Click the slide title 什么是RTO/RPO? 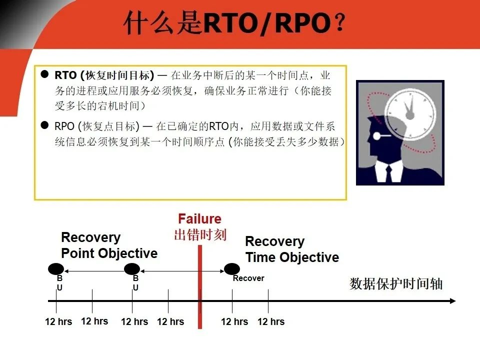click(x=234, y=23)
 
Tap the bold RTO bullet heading click(x=104, y=75)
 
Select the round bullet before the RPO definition click(x=44, y=125)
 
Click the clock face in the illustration click(x=410, y=114)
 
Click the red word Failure click(x=199, y=219)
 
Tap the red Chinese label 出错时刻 click(x=200, y=235)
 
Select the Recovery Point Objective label click(x=109, y=245)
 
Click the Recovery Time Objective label click(x=292, y=249)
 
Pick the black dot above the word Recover click(x=232, y=269)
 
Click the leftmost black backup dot click(x=56, y=269)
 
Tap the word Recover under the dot click(x=248, y=278)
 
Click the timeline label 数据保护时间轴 click(x=396, y=284)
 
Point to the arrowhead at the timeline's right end click(x=453, y=301)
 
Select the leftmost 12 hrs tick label click(x=58, y=321)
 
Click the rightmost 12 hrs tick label click(x=271, y=321)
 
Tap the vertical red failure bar click(x=200, y=287)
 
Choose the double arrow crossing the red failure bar click(x=182, y=271)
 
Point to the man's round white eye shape click(x=377, y=135)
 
